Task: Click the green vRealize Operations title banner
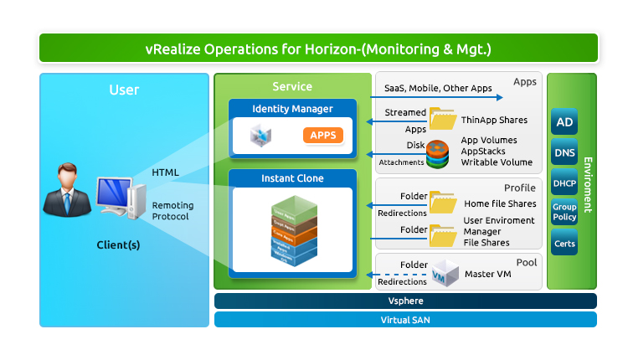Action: [x=318, y=49]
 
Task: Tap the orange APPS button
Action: [x=322, y=136]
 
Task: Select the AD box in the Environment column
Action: [x=564, y=124]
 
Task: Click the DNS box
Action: [x=564, y=153]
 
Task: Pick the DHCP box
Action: [x=564, y=183]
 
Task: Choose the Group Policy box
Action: [x=564, y=212]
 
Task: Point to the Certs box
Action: [x=564, y=244]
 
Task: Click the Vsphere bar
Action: [x=405, y=301]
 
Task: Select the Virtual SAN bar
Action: [x=405, y=319]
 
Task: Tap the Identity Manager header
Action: [x=292, y=109]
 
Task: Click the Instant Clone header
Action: [x=292, y=178]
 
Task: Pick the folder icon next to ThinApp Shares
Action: [x=442, y=119]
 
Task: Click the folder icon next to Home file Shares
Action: [x=442, y=203]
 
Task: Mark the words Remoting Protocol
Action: [x=172, y=210]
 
